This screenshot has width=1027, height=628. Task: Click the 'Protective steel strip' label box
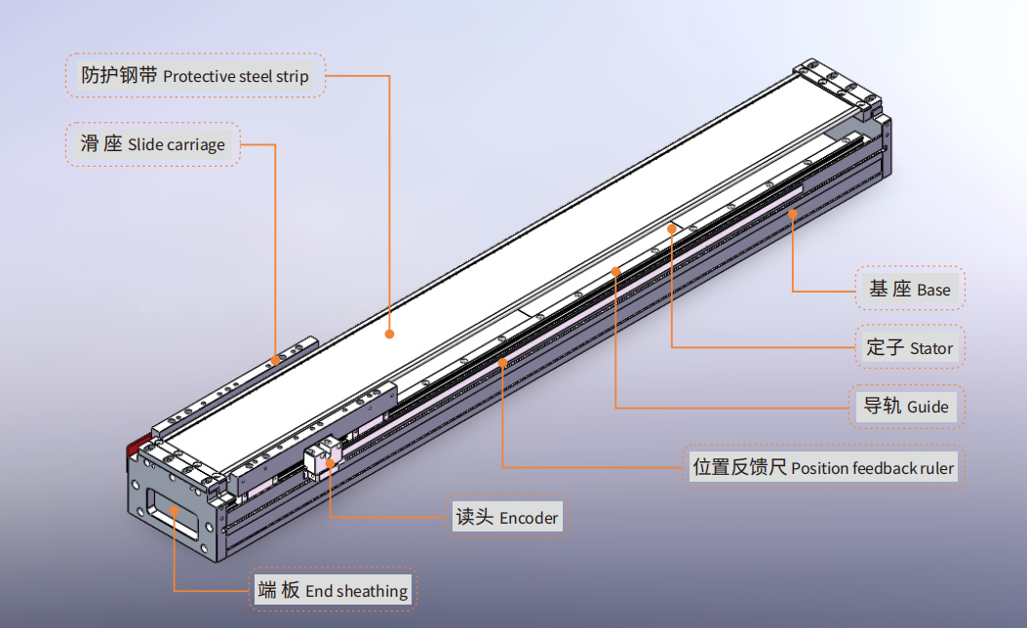(x=195, y=75)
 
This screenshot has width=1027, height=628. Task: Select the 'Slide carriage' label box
(x=153, y=144)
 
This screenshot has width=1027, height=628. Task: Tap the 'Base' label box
(x=910, y=289)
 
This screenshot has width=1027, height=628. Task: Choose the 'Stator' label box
(x=910, y=347)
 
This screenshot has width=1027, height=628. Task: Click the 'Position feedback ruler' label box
(x=823, y=467)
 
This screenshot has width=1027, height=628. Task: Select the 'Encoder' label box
(x=507, y=517)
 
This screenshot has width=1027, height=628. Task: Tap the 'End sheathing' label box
(x=333, y=590)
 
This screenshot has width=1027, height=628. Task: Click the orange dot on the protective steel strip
(x=389, y=334)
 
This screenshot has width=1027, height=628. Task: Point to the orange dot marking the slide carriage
(x=275, y=360)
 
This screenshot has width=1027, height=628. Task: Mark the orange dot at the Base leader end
(x=793, y=212)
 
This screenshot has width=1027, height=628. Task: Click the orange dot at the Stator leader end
(x=672, y=227)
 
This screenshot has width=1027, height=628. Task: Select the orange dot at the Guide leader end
(x=615, y=269)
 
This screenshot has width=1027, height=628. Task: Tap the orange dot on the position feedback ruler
(x=502, y=362)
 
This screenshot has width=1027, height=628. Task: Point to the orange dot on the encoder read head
(x=331, y=464)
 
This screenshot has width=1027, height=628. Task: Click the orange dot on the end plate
(x=175, y=508)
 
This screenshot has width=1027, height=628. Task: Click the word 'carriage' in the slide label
(x=195, y=145)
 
